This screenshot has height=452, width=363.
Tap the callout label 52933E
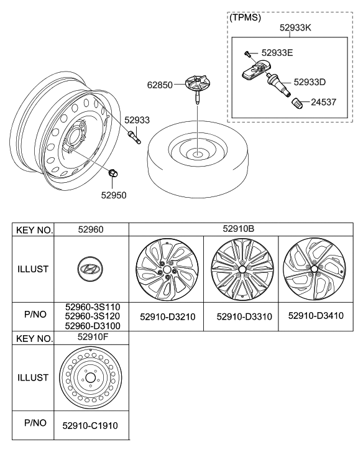coord(278,54)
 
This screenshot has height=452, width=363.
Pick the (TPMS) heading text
coord(246,18)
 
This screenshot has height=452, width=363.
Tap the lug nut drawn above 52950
coord(113,174)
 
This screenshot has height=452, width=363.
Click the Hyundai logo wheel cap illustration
coord(91,269)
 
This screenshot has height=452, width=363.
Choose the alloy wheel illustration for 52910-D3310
coord(240,269)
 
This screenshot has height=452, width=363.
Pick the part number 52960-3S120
coord(92,317)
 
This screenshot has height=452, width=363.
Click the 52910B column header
coord(241,229)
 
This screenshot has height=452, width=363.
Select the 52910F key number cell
coord(91,338)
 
